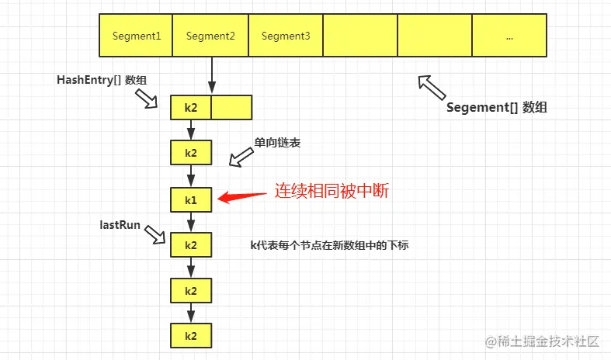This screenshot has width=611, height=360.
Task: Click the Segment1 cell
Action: (x=136, y=36)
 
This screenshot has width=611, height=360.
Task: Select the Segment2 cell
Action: (x=210, y=36)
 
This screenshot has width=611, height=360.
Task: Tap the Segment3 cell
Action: (x=286, y=36)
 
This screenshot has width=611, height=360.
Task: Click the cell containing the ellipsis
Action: (x=509, y=36)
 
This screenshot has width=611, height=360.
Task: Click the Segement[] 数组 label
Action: (x=496, y=108)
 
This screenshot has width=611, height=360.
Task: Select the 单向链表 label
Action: (x=277, y=144)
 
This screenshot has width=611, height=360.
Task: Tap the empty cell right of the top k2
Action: (x=231, y=107)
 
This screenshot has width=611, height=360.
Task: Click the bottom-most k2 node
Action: (x=191, y=336)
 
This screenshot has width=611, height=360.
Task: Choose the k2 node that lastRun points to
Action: (x=191, y=245)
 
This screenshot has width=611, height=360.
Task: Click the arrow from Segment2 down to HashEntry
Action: (x=210, y=75)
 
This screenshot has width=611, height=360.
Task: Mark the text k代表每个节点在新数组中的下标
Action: (x=329, y=245)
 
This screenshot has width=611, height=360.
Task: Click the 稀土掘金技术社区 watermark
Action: (x=542, y=341)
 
